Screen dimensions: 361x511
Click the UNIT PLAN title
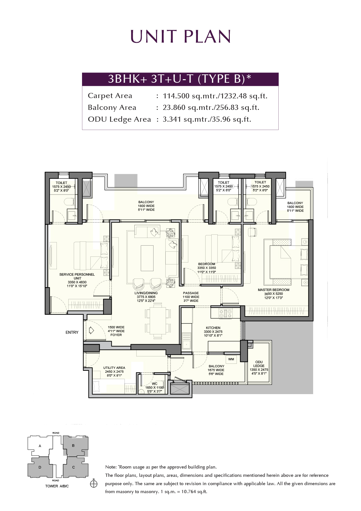tap(180, 36)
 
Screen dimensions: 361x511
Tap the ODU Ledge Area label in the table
tap(119, 119)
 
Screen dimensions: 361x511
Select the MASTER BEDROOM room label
tap(274, 290)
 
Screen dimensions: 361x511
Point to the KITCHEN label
tap(213, 328)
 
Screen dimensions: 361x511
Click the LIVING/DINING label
tap(146, 293)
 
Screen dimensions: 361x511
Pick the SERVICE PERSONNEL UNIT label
tap(77, 276)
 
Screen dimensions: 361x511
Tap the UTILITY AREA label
tap(114, 368)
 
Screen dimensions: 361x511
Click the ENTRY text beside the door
tap(72, 332)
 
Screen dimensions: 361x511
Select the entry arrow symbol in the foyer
tap(91, 330)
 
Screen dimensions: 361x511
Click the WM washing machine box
tap(231, 359)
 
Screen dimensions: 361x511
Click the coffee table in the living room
tap(147, 258)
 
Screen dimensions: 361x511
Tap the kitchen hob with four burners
tap(226, 313)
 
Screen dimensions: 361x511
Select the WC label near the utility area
tap(154, 384)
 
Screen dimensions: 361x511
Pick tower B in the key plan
tap(75, 446)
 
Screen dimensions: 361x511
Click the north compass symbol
tap(94, 484)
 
